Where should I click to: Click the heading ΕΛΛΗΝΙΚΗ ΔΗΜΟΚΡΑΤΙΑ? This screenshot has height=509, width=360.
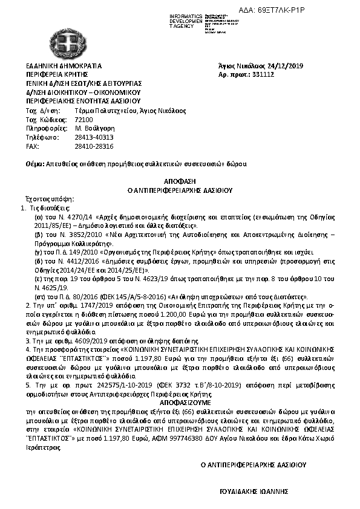(64, 66)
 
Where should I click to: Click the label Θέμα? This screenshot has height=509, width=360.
(36, 164)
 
